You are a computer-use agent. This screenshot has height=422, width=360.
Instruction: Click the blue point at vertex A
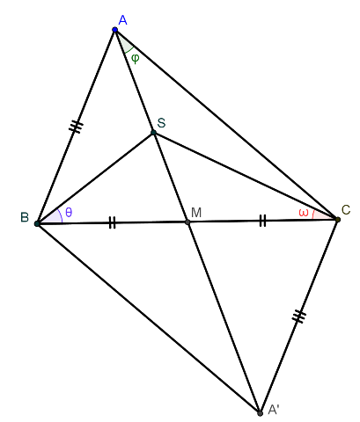point(115,29)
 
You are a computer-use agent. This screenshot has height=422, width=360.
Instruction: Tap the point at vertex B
point(37,224)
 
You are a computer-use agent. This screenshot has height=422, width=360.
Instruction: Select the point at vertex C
point(338,219)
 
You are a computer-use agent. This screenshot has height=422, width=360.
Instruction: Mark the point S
point(153,133)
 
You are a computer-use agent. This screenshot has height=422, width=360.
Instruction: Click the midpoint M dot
point(187,222)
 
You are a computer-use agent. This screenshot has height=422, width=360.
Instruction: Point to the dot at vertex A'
point(260,413)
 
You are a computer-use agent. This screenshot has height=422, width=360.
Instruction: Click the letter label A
point(123,20)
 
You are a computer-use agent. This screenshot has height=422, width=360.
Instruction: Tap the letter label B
point(25,217)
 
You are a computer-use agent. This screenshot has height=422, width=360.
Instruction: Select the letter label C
point(346,210)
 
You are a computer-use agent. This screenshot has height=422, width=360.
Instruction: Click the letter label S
point(161,122)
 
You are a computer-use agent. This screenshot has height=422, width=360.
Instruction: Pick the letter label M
point(196,213)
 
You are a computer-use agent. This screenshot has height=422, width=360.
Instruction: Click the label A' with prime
point(274,410)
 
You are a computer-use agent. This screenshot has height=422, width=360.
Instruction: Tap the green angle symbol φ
point(135,58)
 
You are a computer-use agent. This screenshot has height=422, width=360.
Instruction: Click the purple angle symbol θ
point(69,212)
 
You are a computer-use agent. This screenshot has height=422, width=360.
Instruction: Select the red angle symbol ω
point(304,213)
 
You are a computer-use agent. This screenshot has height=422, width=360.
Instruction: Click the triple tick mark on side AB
point(76,127)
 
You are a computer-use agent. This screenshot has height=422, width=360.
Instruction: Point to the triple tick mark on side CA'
point(299,316)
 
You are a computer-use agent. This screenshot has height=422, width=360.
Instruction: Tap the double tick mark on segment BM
point(113,222)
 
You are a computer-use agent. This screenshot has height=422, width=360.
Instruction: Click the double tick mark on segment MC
point(263,221)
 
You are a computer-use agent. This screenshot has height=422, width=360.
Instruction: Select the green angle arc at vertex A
point(129,50)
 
